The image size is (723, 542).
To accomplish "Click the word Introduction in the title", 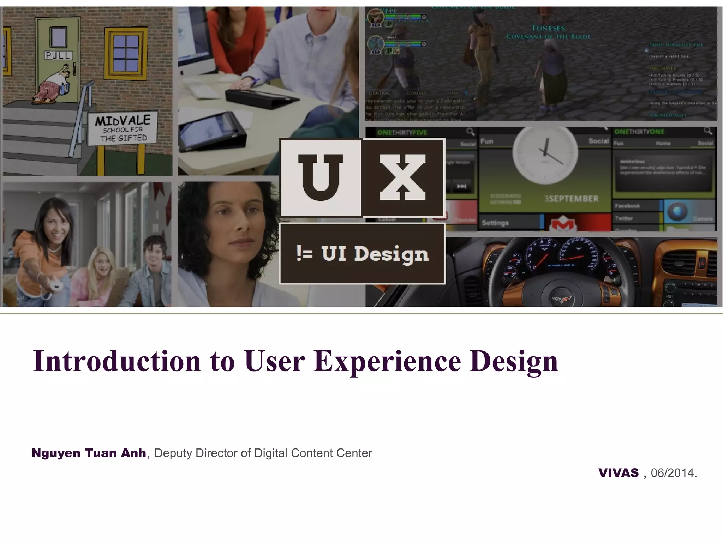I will click(116, 361).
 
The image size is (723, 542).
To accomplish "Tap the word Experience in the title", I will click(387, 361).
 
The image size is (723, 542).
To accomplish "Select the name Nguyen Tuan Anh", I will click(89, 453).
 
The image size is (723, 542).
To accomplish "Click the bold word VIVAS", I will click(619, 473).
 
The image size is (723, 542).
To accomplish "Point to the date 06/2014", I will click(673, 473).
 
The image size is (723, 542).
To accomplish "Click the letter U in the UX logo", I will click(320, 177).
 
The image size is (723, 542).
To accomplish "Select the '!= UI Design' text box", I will click(362, 254).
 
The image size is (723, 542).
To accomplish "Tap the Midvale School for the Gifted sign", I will click(123, 129).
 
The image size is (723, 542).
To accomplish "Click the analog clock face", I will click(545, 153).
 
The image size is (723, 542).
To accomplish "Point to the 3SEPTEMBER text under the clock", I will click(571, 199).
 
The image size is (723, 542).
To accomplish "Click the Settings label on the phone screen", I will click(495, 223).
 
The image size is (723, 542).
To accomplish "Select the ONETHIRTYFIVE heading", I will click(402, 133).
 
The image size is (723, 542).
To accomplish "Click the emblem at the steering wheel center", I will click(563, 300).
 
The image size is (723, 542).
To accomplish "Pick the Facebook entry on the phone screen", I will click(627, 206).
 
